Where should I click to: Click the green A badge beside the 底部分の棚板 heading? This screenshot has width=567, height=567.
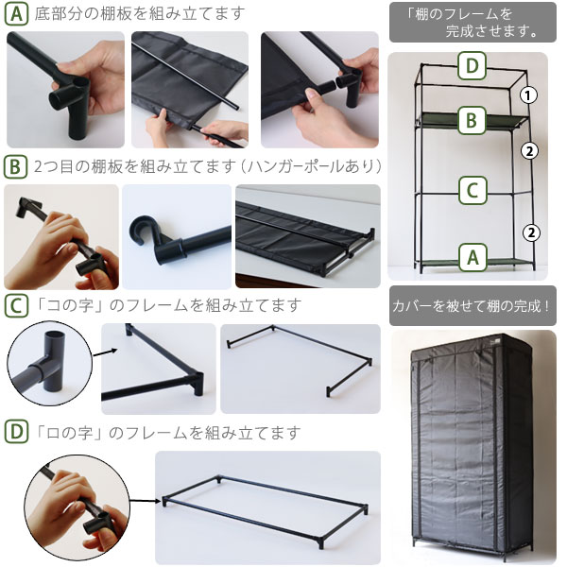(x=16, y=14)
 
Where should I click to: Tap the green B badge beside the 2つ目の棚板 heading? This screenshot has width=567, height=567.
(x=15, y=167)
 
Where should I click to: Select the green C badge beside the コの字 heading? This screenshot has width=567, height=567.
(x=16, y=306)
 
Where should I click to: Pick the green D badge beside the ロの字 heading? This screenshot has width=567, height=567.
(x=16, y=432)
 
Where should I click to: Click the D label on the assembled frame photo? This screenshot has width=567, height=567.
(x=472, y=66)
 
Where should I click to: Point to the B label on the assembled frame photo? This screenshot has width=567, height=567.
(x=472, y=120)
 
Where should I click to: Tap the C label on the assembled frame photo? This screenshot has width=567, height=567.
(x=472, y=190)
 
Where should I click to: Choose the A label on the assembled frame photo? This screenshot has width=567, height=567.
(x=473, y=257)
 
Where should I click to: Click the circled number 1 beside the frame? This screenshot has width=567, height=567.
(x=528, y=95)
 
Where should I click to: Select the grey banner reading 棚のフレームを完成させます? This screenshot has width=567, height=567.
(x=472, y=22)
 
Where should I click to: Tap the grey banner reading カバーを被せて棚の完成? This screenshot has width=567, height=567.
(x=472, y=306)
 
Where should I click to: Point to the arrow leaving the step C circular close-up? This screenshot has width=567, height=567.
(x=105, y=352)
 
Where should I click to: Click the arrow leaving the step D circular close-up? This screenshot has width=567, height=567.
(x=145, y=501)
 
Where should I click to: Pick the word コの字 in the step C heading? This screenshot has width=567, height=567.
(x=70, y=306)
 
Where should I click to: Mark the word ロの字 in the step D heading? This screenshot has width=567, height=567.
(x=70, y=433)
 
